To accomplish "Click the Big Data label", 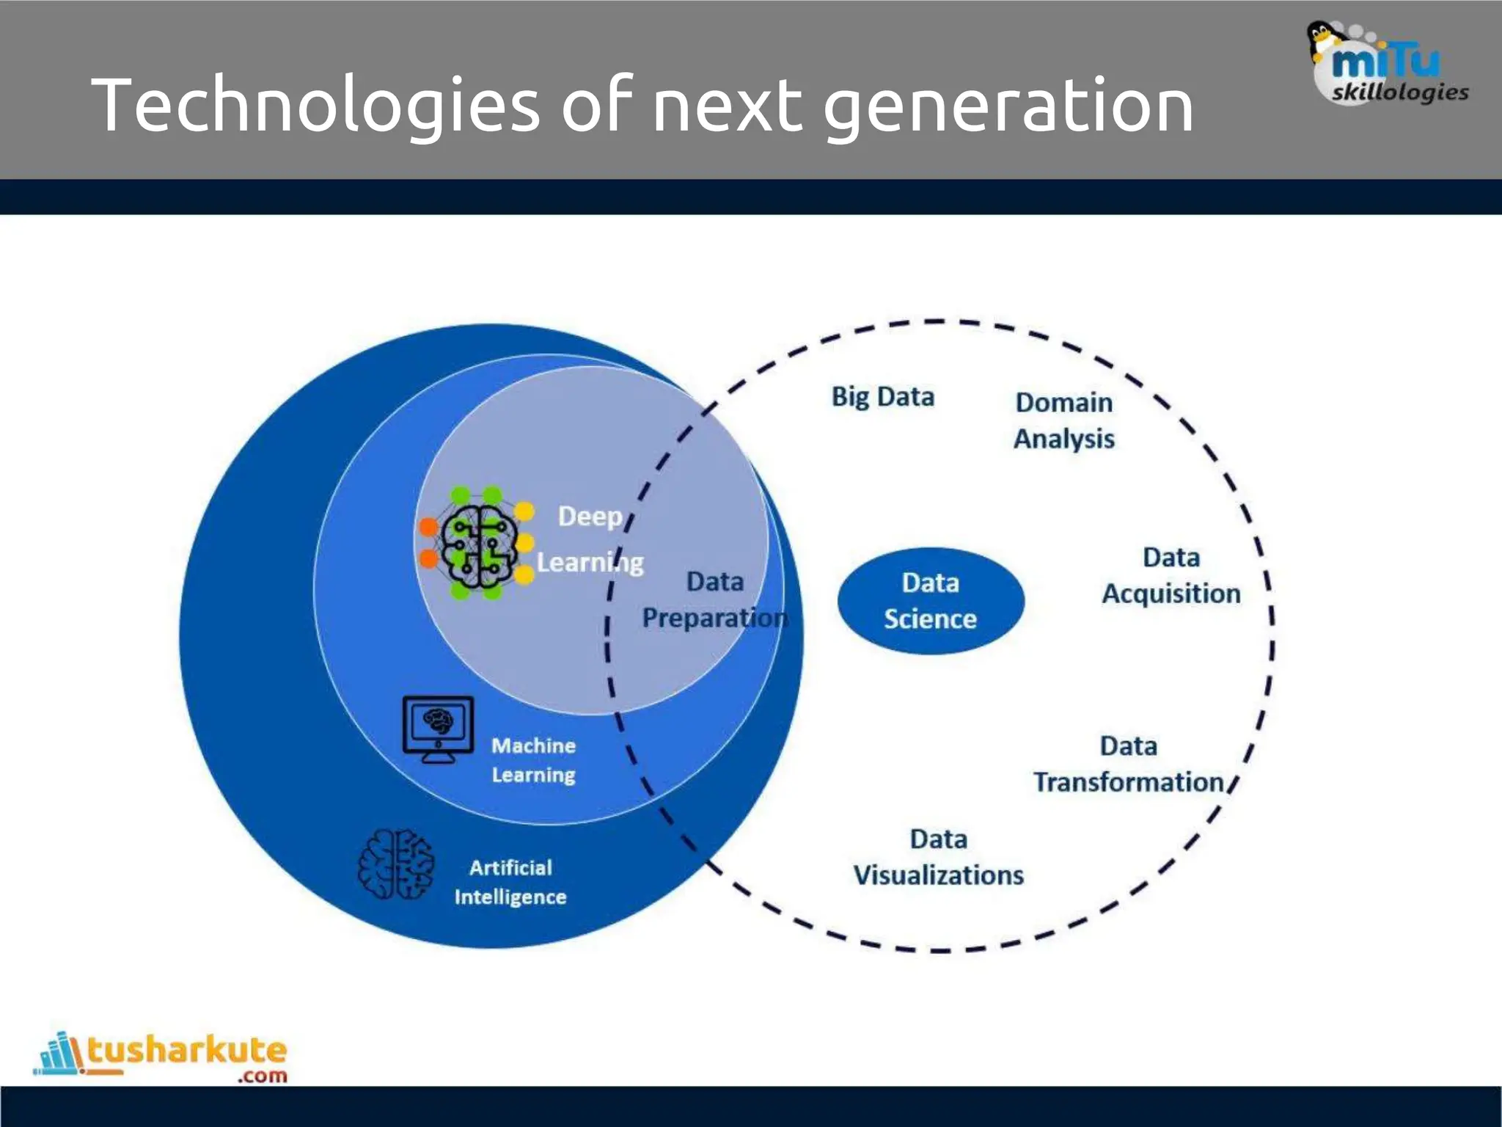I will pos(882,397).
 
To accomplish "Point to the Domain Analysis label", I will pos(1063,420).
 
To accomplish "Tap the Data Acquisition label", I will pos(1171,575).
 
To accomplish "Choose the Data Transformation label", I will pos(1128,764).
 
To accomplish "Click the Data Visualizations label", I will pos(938,857).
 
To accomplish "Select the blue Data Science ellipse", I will pos(930,601).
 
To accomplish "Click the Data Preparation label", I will pos(714,599).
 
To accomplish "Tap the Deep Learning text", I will pos(590,539).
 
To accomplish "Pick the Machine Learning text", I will pos(533,760).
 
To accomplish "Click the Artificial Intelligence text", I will pos(510,882).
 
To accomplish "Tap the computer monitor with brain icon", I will pos(438,729).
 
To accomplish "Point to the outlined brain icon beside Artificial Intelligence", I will pos(395,864).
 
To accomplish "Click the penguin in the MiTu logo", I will pos(1320,40).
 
